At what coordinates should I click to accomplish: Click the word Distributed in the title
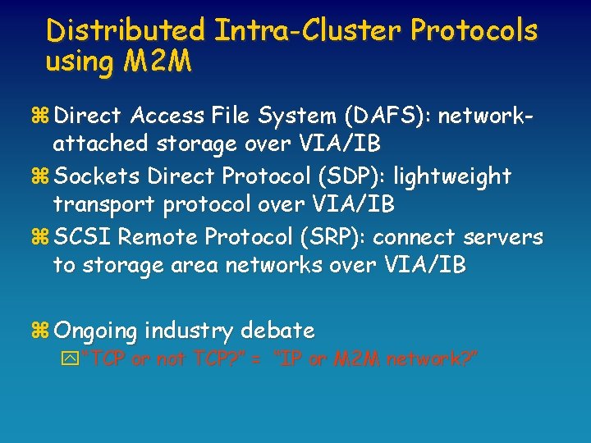point(126,31)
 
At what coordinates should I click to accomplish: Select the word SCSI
point(83,236)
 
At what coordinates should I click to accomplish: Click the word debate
point(277,331)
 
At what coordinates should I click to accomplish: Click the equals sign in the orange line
point(256,359)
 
